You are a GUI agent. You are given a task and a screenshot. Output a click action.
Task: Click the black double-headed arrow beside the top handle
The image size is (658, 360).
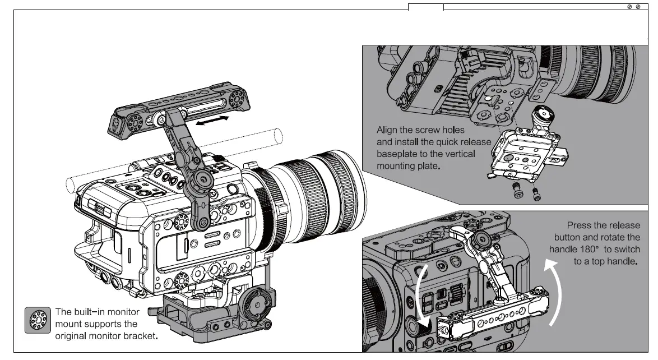coord(212,121)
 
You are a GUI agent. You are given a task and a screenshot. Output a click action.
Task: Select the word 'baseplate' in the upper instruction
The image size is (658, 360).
coord(396,153)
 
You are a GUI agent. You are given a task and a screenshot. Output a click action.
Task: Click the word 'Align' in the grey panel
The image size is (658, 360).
coord(388,130)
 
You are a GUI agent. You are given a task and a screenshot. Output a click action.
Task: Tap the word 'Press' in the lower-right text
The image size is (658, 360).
coord(579,225)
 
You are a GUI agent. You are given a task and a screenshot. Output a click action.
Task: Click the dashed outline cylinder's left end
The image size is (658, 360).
coord(70,184)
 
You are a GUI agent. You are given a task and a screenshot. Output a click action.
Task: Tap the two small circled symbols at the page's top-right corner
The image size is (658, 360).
coord(633,6)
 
